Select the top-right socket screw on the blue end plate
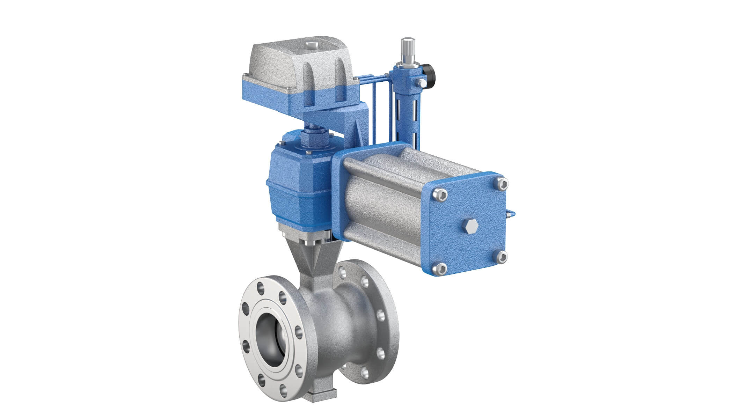[x=502, y=184]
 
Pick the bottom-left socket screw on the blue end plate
[x=441, y=269]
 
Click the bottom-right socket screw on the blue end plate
[x=502, y=257]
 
